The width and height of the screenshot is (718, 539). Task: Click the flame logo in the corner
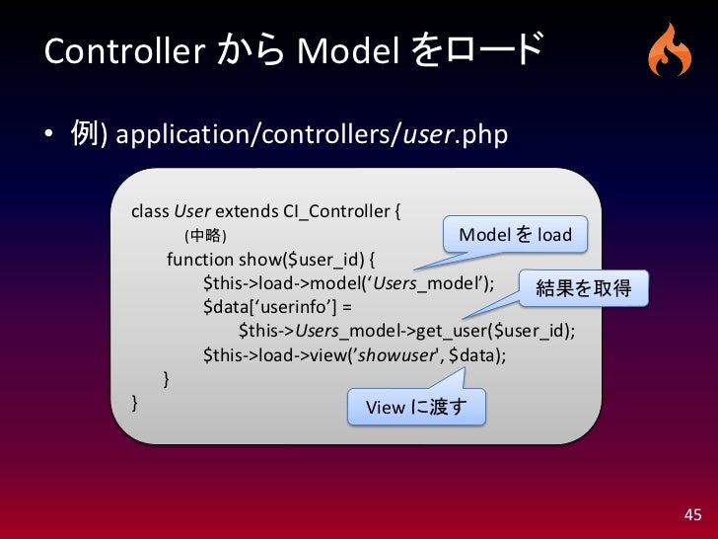(x=670, y=50)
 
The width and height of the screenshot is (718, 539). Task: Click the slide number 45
(x=692, y=514)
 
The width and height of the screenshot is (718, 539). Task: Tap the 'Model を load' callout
(x=515, y=235)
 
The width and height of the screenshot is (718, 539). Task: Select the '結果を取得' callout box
(x=579, y=288)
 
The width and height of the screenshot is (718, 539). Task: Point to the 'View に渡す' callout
(x=415, y=407)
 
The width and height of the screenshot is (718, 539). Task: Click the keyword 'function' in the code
(x=200, y=261)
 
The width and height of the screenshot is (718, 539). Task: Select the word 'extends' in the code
(x=247, y=210)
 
